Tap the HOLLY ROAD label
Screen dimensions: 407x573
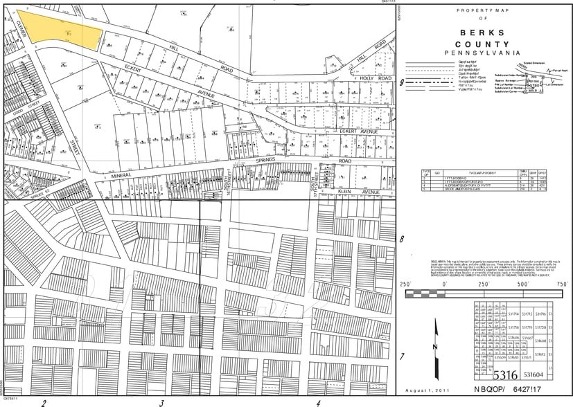(376, 79)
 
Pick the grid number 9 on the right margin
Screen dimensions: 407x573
(403, 82)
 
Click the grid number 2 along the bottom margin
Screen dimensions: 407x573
(44, 402)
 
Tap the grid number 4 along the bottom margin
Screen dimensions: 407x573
(318, 402)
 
